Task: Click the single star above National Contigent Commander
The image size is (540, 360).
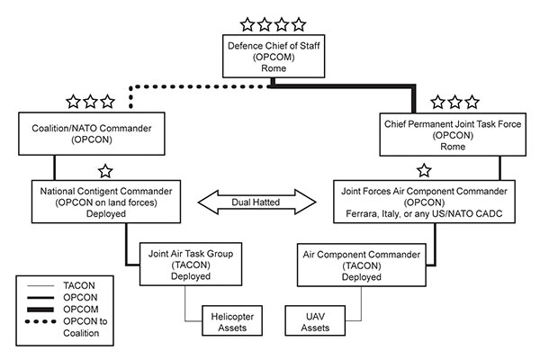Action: point(104,169)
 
